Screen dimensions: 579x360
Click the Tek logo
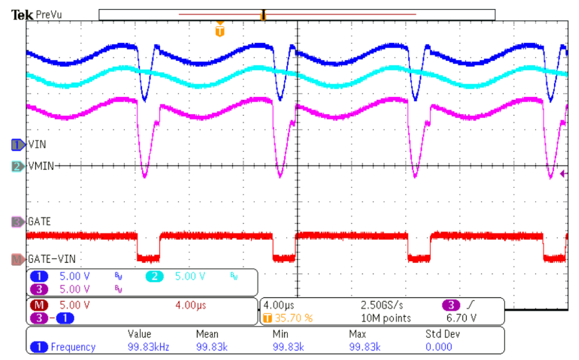pyautogui.click(x=22, y=15)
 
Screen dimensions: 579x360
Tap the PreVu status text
pyautogui.click(x=49, y=15)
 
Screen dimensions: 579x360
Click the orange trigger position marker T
pyautogui.click(x=220, y=30)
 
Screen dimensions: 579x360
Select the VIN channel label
pyautogui.click(x=37, y=144)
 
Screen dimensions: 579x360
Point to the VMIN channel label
pyautogui.click(x=41, y=166)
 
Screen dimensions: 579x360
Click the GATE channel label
pyautogui.click(x=40, y=221)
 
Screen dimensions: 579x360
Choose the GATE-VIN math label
pyautogui.click(x=52, y=259)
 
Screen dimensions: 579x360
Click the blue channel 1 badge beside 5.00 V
pyautogui.click(x=39, y=276)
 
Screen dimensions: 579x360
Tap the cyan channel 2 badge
pyautogui.click(x=154, y=276)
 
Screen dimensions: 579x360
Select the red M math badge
pyautogui.click(x=39, y=305)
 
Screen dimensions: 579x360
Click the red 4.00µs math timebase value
pyautogui.click(x=191, y=305)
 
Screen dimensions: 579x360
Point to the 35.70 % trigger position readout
pyautogui.click(x=294, y=318)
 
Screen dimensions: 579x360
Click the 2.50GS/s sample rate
pyautogui.click(x=382, y=305)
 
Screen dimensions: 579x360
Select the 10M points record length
pyautogui.click(x=386, y=318)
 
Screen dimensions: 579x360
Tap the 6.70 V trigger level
pyautogui.click(x=461, y=318)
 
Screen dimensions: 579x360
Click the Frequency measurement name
pyautogui.click(x=73, y=347)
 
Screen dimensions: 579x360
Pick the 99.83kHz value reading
pyautogui.click(x=148, y=347)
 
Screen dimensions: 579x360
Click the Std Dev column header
pyautogui.click(x=443, y=334)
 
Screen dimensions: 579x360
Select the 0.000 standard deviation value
pyautogui.click(x=439, y=347)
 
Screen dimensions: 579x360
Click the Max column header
pyautogui.click(x=357, y=334)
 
